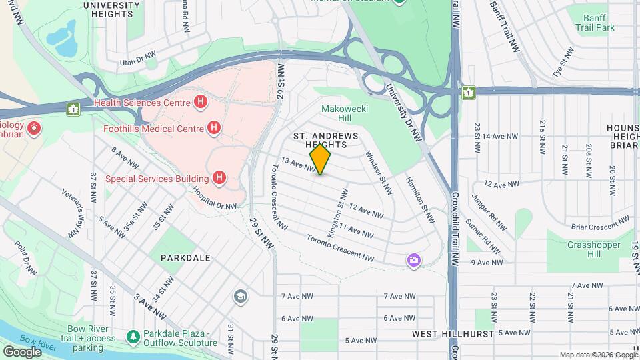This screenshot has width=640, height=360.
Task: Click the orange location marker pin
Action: [321, 159]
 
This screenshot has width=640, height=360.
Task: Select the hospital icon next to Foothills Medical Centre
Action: [213, 127]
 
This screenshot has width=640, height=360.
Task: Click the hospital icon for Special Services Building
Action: [219, 177]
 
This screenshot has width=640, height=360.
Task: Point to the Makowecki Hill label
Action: [336, 113]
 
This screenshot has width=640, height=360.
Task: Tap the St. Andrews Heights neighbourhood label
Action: [326, 140]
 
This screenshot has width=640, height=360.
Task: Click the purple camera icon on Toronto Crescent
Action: [414, 260]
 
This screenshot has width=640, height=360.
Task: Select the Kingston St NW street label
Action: [337, 207]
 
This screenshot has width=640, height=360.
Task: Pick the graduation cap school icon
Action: [239, 295]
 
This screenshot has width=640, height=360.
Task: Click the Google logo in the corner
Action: [22, 351]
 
